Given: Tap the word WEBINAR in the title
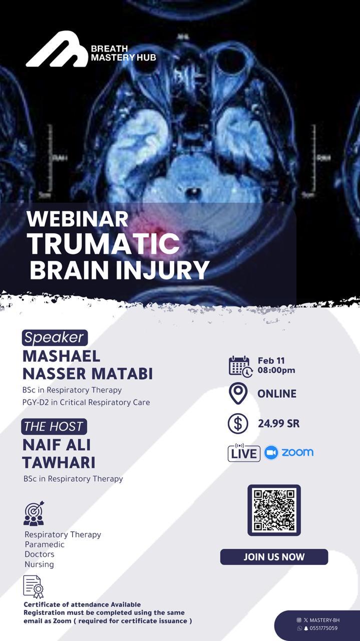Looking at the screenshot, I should pos(78,219).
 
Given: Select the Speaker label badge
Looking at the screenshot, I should pos(55,338).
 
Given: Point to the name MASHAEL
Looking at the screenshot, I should pos(62,356).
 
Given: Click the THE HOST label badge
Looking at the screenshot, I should pos(54,427).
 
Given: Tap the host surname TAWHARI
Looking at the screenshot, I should pos(59,462).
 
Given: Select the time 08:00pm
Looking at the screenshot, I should pos(276,371).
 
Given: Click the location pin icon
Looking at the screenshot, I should pos(238,394).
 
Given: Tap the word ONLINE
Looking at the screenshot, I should pos(277,394).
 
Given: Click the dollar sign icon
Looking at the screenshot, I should pos(238,424).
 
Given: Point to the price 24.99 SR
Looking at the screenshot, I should pos(278,424).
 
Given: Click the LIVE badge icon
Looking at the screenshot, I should pos(244,453).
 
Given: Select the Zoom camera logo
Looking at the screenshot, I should pos(271,453).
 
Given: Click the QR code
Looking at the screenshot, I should pos(274,510).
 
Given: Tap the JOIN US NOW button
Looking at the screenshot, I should pos(274,557).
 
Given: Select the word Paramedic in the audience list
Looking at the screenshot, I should pos(45,544).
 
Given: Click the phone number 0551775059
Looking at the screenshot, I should pos(323,628).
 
